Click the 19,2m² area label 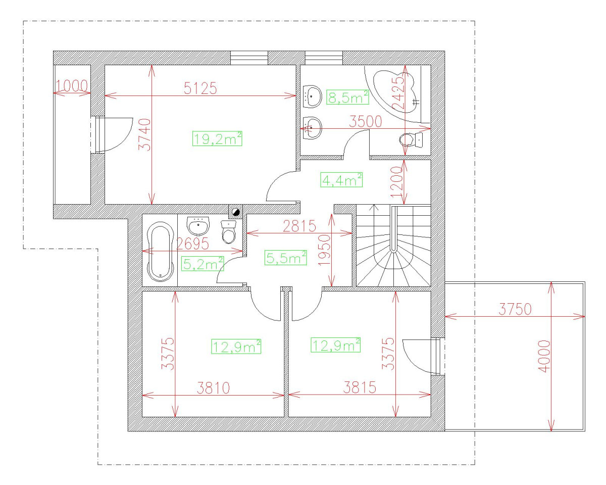coord(218,138)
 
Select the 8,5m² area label coord(347,97)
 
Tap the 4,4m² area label coord(341,179)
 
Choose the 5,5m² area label coord(286,258)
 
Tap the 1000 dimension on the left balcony coord(72,85)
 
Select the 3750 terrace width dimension coord(515,310)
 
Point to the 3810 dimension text coord(213,387)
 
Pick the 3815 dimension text coord(359,387)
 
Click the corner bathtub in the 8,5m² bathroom coord(394,91)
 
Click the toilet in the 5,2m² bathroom coord(229,232)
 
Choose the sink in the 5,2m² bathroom coord(198,225)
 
